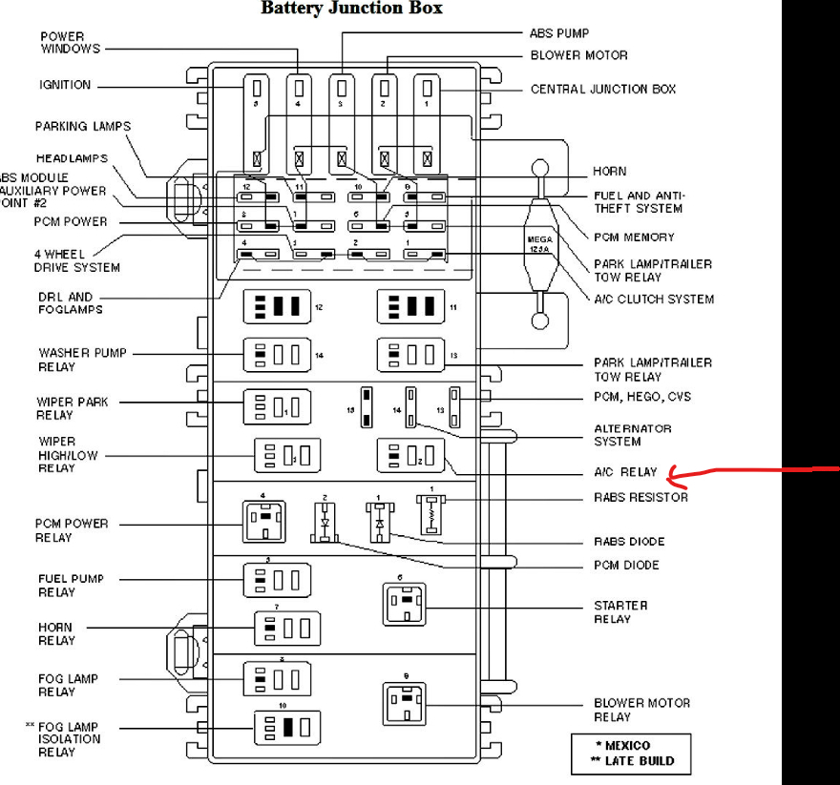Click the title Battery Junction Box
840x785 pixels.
pos(352,9)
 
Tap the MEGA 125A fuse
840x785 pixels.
pos(540,243)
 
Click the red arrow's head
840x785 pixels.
pos(672,473)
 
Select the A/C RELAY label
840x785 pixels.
pos(625,472)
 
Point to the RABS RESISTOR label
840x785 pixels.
pos(640,497)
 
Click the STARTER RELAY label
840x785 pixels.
pos(620,612)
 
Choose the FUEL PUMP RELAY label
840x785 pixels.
pos(72,585)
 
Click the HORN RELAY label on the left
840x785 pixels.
pos(56,633)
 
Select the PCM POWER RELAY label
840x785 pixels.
pos(72,529)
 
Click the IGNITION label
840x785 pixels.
pos(65,85)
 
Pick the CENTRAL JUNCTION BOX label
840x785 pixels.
pos(603,89)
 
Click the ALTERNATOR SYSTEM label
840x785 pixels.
pos(633,435)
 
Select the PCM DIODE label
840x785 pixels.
pos(626,566)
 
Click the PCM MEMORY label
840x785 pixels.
pos(634,237)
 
